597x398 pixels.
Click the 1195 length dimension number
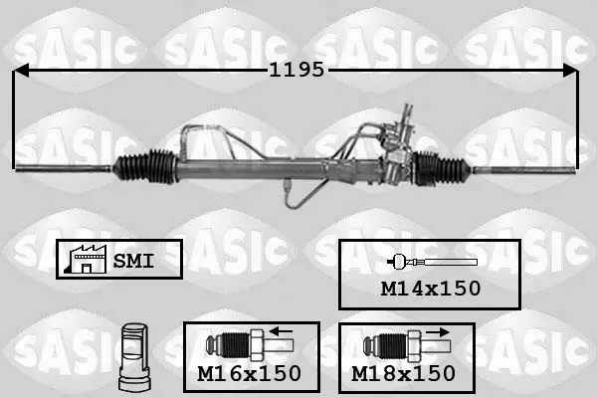(297, 70)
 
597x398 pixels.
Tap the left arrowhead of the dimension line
(21, 71)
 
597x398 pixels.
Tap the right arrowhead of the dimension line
(570, 71)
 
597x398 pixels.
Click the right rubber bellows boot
(443, 168)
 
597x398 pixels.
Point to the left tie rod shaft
(64, 168)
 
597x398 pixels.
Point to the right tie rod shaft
(523, 170)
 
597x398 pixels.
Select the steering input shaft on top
(407, 114)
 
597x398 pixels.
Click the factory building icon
(86, 260)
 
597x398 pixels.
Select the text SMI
(133, 261)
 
